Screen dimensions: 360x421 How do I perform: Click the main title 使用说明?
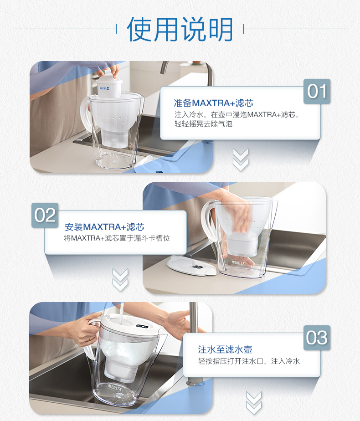(180, 29)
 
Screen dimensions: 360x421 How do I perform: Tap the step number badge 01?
(317, 91)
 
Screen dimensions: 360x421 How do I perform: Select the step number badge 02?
(45, 215)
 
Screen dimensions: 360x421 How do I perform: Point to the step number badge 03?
(317, 338)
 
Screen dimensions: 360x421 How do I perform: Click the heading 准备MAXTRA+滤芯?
(213, 103)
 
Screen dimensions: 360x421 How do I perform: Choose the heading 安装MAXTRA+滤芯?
(104, 227)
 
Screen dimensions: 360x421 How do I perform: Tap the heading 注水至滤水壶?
(225, 349)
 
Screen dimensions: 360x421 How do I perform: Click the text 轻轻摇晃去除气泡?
(203, 124)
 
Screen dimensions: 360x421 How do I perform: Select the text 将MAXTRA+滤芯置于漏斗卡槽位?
(117, 238)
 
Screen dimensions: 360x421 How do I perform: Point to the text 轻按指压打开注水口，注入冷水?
(249, 361)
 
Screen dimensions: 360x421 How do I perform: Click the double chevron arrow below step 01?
(240, 159)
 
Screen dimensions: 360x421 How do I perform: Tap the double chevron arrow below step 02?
(120, 280)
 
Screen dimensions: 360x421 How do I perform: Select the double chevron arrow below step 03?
(254, 403)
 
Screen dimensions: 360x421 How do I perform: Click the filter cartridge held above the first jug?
(109, 87)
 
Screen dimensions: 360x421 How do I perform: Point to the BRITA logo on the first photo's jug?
(111, 154)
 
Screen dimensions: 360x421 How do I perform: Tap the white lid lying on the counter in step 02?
(191, 266)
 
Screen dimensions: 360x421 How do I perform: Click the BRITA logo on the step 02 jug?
(238, 262)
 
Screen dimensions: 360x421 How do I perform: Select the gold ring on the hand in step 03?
(89, 339)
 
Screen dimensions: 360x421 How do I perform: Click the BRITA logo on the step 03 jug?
(115, 387)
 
